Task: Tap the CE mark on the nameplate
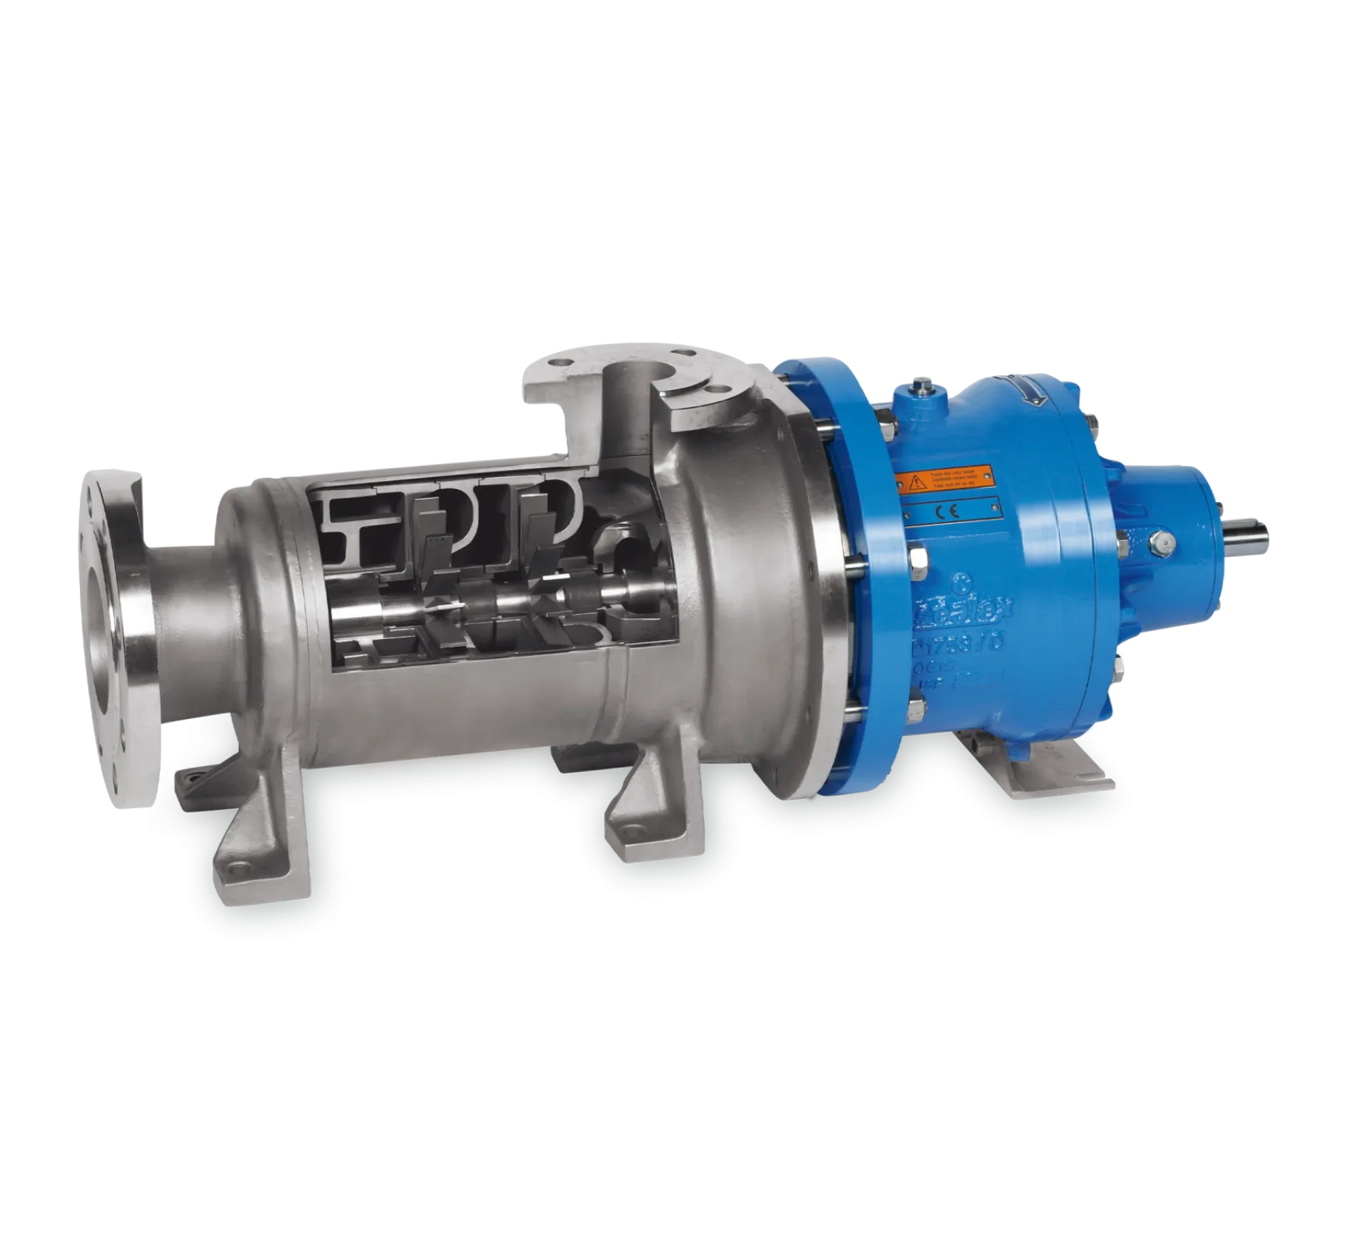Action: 950,510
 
